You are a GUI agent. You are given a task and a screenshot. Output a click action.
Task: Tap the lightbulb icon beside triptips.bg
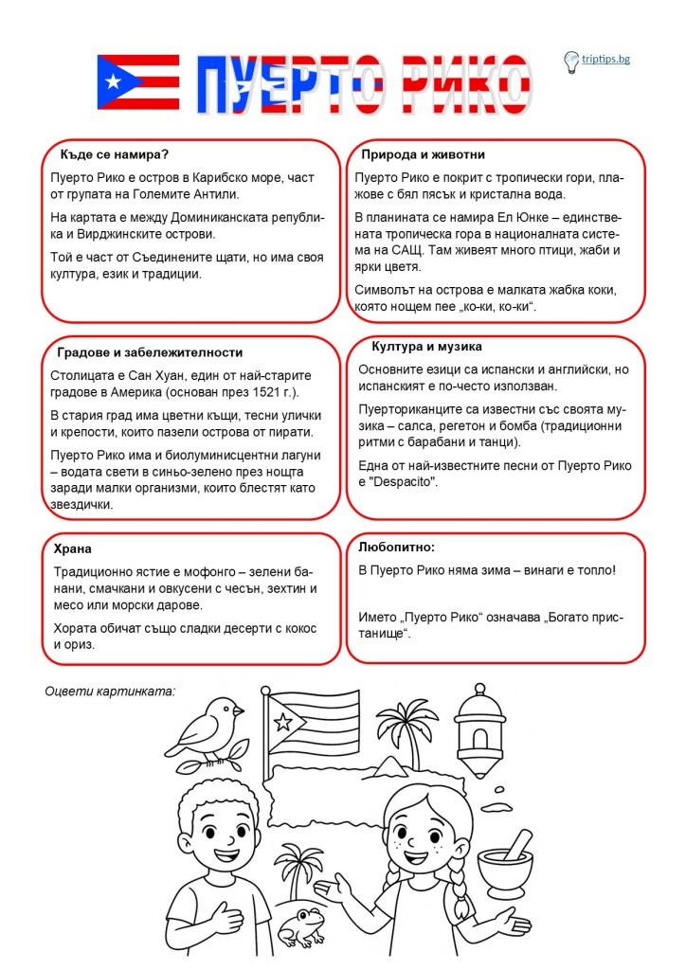pyautogui.click(x=571, y=63)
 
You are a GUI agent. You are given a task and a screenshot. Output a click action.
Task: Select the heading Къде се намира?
pyautogui.click(x=115, y=153)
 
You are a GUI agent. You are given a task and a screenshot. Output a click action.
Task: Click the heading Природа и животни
pyautogui.click(x=423, y=154)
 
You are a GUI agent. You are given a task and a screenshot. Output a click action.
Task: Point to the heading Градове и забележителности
pyautogui.click(x=136, y=352)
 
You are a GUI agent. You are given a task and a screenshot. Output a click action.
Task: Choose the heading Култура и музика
pyautogui.click(x=427, y=347)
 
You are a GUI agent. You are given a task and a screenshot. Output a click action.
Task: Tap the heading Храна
pyautogui.click(x=73, y=548)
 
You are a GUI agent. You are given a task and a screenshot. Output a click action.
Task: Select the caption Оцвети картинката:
pyautogui.click(x=110, y=691)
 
